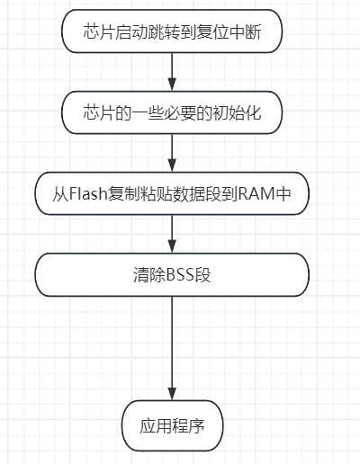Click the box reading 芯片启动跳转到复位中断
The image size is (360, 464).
point(171,32)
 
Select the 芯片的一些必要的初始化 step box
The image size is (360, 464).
point(171,112)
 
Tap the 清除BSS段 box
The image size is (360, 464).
point(171,275)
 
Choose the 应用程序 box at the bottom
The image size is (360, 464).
point(171,425)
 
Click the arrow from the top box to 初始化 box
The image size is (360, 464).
point(171,72)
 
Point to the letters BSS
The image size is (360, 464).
point(181,275)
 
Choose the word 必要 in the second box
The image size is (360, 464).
point(175,112)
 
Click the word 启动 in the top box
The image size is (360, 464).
point(128,32)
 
